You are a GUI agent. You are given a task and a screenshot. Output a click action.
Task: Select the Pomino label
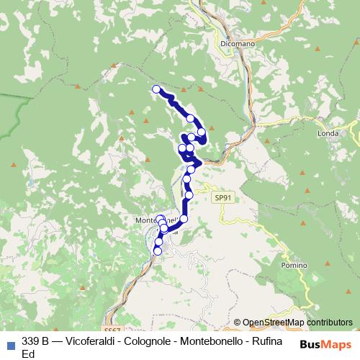(294, 266)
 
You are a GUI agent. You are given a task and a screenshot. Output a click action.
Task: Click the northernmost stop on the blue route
(156, 89)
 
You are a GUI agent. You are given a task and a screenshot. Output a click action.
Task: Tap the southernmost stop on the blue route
(158, 251)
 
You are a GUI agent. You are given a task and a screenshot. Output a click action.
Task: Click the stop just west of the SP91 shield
(189, 194)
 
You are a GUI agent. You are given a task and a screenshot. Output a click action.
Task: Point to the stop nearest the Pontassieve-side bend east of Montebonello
(184, 218)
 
